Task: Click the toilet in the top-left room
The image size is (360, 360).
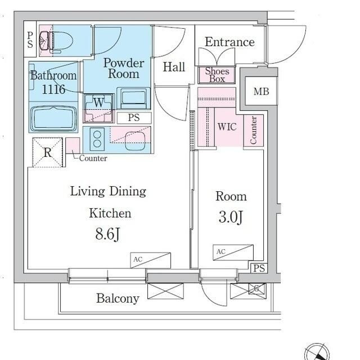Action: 56,41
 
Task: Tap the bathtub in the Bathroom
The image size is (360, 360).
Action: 53,119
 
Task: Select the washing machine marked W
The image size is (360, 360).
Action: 99,108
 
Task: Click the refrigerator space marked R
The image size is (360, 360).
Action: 47,152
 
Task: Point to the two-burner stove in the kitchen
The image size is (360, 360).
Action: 97,139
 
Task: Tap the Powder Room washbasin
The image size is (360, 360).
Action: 134,98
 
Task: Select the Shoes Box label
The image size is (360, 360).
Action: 217,75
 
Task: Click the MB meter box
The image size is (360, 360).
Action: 261,91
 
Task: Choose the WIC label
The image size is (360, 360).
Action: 227,127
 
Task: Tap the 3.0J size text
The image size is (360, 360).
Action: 231,217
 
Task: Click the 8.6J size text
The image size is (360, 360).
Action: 107,234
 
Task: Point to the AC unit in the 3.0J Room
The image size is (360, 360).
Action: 233,253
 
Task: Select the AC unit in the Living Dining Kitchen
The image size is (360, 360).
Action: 150,260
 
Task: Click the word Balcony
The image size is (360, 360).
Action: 118,298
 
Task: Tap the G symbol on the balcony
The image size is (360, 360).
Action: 256,289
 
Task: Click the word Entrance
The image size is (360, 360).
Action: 229,42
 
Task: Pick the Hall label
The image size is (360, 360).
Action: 174,67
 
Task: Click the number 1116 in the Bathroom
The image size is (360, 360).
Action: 53,89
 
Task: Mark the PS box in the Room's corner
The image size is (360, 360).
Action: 259,268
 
